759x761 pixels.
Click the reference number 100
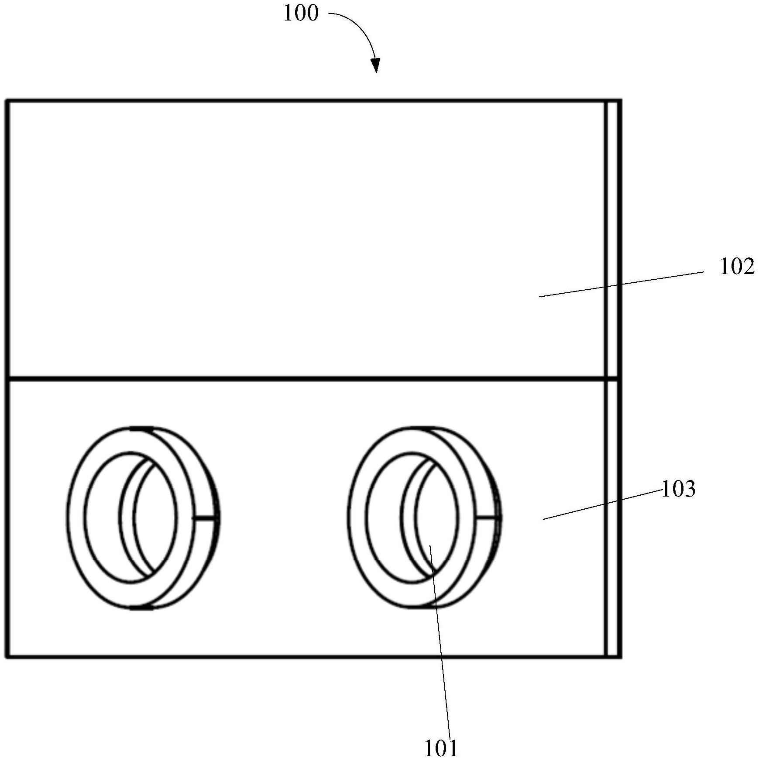click(x=301, y=14)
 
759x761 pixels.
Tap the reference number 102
click(x=737, y=267)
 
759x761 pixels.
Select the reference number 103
click(x=679, y=489)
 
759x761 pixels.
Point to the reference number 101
click(x=441, y=748)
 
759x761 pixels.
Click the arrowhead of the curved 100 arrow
click(x=376, y=66)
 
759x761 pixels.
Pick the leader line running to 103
click(x=602, y=505)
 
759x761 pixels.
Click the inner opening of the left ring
click(x=131, y=518)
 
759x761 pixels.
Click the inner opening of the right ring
click(x=413, y=518)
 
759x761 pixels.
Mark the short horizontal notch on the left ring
click(x=205, y=518)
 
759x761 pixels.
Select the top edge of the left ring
click(x=142, y=428)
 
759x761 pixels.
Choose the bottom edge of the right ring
click(x=422, y=607)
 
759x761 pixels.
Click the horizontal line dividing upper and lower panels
click(x=306, y=378)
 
